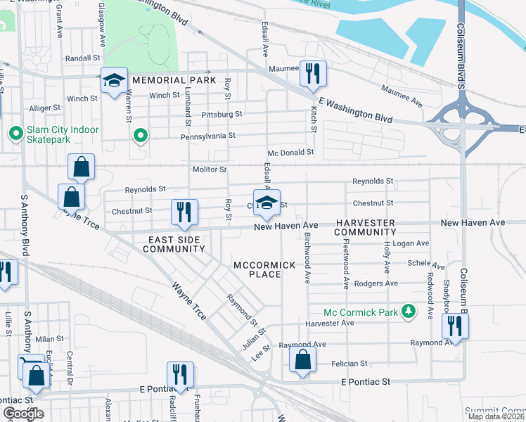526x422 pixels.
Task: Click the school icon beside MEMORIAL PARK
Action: click(x=113, y=80)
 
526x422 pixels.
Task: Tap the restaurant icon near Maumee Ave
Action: click(x=310, y=72)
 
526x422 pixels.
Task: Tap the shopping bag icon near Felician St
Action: click(x=302, y=359)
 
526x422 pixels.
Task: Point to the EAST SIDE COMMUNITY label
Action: click(x=176, y=244)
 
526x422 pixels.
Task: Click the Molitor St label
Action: click(x=210, y=170)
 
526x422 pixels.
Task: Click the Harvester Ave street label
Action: click(x=330, y=323)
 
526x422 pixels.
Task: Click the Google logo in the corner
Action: click(x=23, y=414)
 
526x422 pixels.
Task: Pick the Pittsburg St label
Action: click(x=221, y=113)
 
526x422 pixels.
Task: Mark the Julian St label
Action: click(x=254, y=338)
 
